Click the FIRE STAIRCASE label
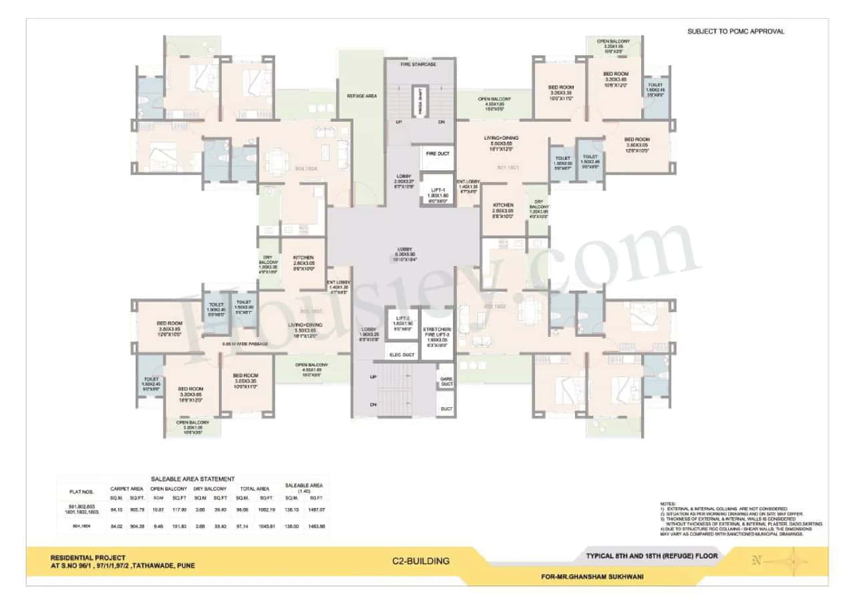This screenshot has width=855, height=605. coord(419,64)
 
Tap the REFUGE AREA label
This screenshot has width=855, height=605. coord(362,96)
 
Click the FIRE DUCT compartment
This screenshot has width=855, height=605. coord(438,154)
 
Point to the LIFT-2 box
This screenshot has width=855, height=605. coord(402,323)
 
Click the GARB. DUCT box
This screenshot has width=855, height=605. coord(446,381)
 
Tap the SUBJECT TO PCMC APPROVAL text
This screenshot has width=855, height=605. coord(735,31)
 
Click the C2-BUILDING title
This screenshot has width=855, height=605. coord(421,561)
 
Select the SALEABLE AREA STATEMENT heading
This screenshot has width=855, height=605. coord(193,479)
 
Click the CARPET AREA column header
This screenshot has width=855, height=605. coord(126,489)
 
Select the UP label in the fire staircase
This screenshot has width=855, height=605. coord(399,122)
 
